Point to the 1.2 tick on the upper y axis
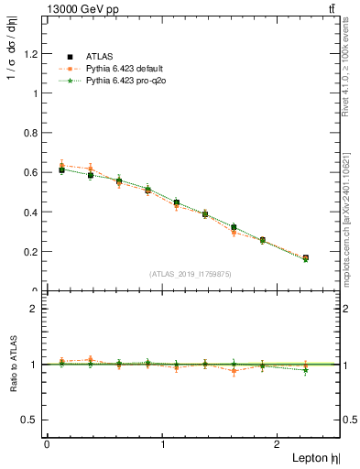click(31, 53)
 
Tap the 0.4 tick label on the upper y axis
click(31, 212)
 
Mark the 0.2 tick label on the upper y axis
click(31, 251)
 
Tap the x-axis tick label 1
click(163, 444)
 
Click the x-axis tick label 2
click(279, 444)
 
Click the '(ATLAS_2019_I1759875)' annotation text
click(191, 274)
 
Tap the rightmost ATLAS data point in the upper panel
click(305, 258)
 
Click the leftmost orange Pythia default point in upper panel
click(61, 166)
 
